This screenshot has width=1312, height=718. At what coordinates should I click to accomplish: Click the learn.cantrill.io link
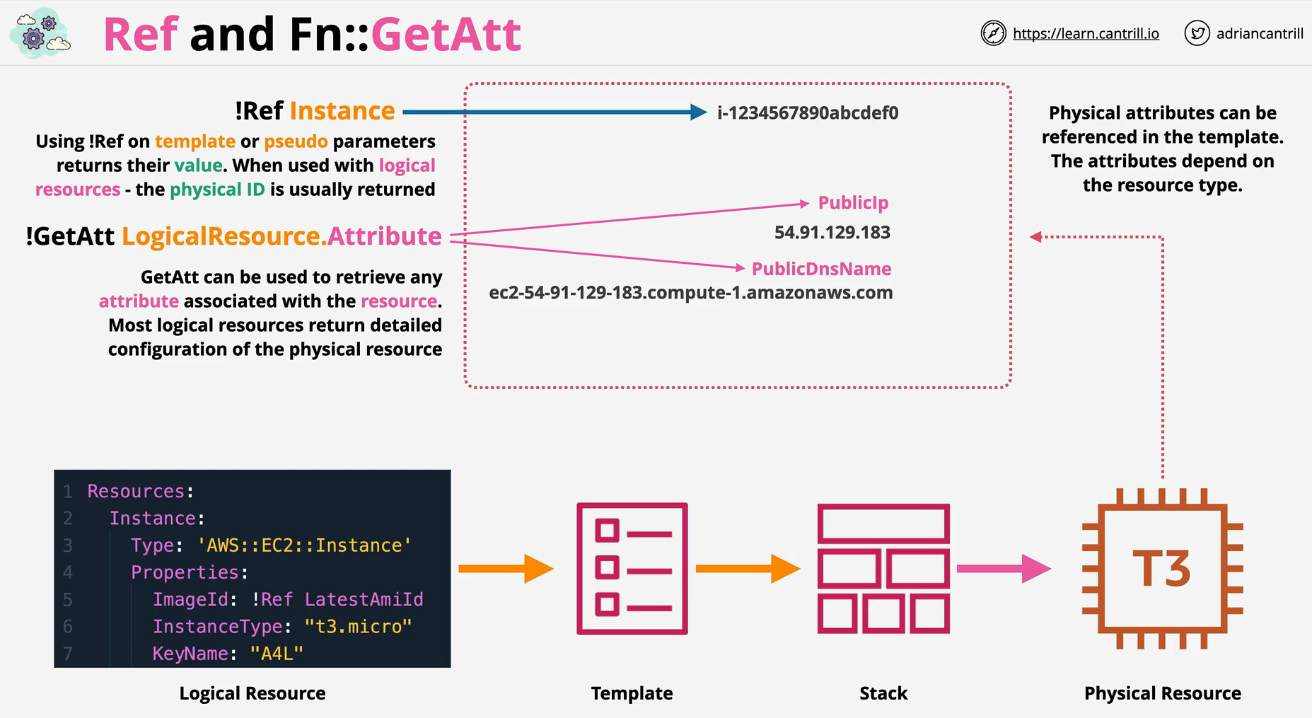coord(1086,33)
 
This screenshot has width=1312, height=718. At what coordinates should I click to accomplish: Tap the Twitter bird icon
coord(1197,33)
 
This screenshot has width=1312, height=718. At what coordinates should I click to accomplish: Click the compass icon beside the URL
coord(993,33)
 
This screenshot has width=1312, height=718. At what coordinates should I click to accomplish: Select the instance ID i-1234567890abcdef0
coord(808,112)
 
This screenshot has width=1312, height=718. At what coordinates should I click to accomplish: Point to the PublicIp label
coord(853,203)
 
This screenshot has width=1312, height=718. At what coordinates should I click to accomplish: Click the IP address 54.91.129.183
coord(832,232)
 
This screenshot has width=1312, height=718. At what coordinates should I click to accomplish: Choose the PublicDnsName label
coord(821,269)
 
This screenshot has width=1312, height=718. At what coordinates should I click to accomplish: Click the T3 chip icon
coord(1162,568)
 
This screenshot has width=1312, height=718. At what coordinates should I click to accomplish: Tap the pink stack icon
coord(883,569)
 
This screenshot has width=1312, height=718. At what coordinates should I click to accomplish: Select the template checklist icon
coord(632,569)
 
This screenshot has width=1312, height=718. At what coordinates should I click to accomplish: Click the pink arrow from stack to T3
coord(1004,569)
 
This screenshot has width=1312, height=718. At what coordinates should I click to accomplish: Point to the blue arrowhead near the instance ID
coord(698,112)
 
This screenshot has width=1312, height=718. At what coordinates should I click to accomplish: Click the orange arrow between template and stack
coord(748,569)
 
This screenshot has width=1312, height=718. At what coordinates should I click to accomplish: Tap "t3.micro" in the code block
coord(358,627)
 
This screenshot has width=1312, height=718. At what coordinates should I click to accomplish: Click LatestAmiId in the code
coord(364,600)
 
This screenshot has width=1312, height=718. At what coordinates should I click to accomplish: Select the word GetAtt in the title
coord(446,34)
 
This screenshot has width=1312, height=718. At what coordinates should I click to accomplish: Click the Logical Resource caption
coord(252,693)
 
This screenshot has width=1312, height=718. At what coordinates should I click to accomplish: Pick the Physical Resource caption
coord(1163,693)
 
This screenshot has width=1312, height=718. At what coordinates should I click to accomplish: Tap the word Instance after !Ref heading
coord(342,111)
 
